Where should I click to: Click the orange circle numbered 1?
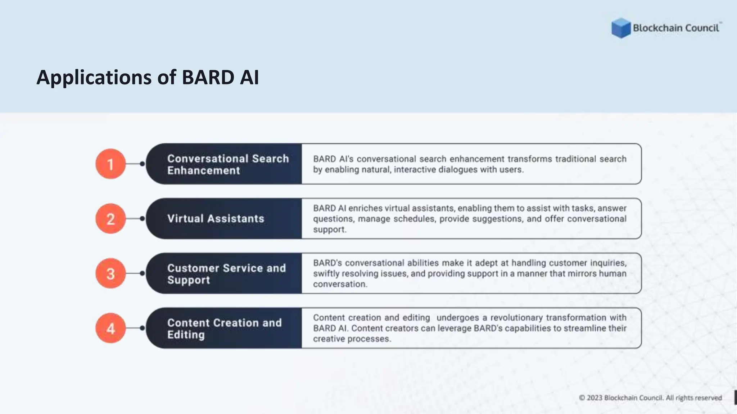pos(110,164)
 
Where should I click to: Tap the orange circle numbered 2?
pos(110,218)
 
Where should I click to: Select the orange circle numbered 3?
pos(110,273)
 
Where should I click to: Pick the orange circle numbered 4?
pos(110,328)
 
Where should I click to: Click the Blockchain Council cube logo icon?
pos(621,28)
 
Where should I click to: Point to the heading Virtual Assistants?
pos(216,218)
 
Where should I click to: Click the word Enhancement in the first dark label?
pos(203,170)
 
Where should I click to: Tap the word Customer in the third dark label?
pos(193,268)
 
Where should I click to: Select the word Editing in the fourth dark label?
pos(186,335)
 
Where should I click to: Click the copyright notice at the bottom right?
pos(650,398)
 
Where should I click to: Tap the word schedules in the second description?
pos(415,219)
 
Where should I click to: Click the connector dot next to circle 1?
pos(142,164)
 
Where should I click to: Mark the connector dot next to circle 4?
pos(142,328)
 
